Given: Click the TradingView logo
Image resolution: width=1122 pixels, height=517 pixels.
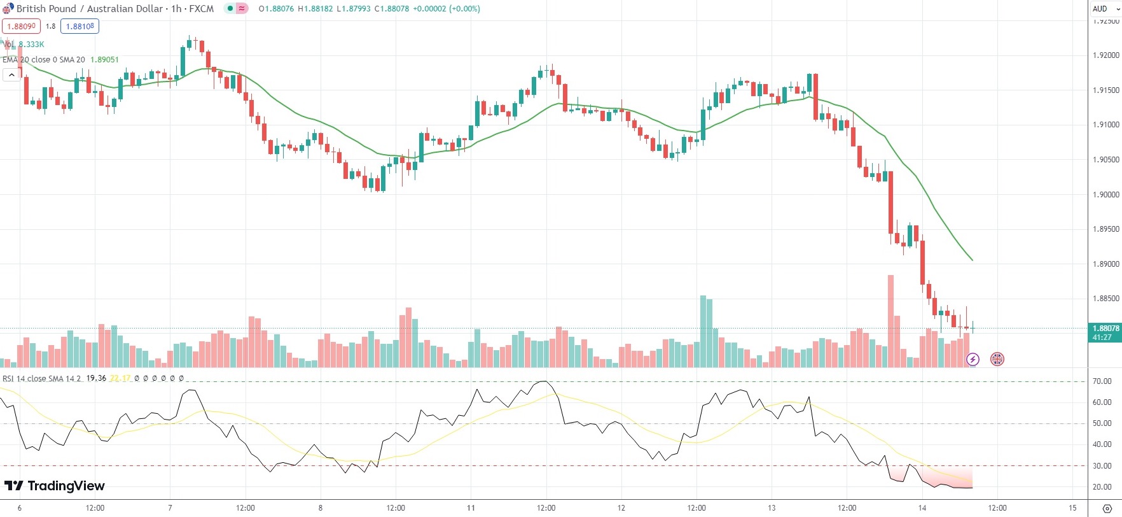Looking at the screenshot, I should tap(55, 486).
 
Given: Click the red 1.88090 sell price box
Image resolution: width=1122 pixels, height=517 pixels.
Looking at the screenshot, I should tap(21, 26).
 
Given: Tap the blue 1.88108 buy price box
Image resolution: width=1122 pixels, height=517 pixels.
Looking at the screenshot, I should tap(80, 26).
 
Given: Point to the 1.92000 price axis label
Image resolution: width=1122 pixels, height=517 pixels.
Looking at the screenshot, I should tap(1105, 55).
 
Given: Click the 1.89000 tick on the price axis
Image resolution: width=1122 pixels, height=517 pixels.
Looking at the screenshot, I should tap(1105, 264).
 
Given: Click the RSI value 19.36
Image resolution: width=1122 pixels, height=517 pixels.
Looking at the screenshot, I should tap(96, 378).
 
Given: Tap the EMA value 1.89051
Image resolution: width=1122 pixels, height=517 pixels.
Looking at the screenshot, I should tap(104, 59).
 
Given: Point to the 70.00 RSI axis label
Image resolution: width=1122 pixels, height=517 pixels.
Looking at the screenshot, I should tap(1102, 381).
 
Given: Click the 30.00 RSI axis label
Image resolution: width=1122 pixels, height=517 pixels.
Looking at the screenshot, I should tap(1102, 465).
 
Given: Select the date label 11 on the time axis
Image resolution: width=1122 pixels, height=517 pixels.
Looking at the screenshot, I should tap(471, 508).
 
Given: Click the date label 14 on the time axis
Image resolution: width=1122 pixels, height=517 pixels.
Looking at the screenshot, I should tap(922, 508).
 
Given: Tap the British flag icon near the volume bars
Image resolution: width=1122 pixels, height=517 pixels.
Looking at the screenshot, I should tap(997, 359).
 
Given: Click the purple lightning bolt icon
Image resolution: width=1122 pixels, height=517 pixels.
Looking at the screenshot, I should tap(973, 359).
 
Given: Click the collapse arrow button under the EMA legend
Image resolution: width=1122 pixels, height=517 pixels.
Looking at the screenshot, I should tap(11, 74).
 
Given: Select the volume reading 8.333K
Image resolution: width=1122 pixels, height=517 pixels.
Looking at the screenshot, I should tap(31, 44).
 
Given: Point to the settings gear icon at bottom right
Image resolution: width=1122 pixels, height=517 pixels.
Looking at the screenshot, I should tap(1106, 508).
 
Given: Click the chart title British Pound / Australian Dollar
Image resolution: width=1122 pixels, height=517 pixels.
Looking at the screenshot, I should tap(90, 9).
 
